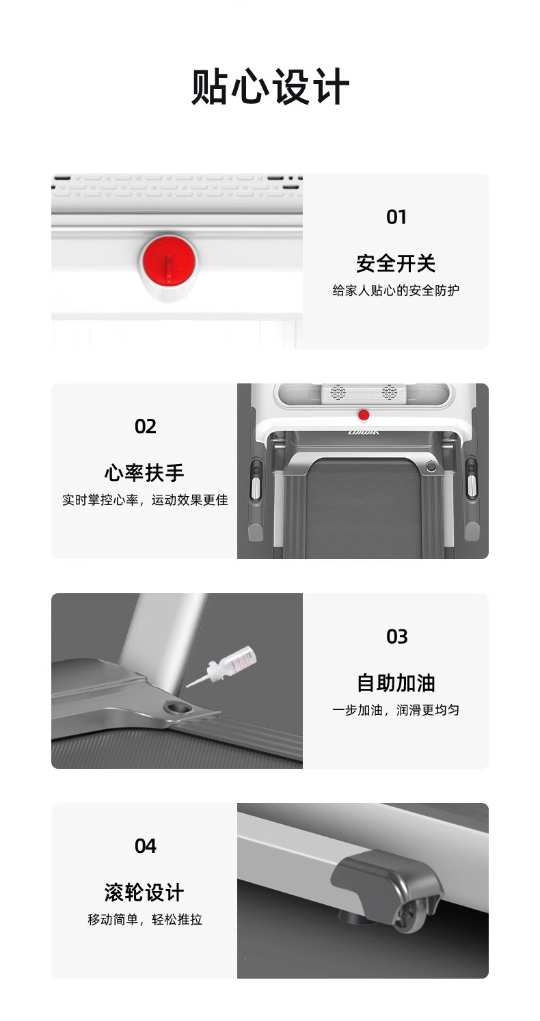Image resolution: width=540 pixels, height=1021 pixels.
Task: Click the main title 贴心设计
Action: tap(270, 87)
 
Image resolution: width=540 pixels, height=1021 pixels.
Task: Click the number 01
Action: tap(396, 217)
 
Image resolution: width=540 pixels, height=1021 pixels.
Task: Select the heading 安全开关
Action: tap(396, 264)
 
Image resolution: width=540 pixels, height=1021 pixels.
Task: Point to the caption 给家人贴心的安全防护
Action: tap(396, 290)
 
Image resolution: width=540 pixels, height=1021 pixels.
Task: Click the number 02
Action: tap(145, 426)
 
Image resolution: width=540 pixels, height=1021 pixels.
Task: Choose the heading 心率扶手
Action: tap(144, 473)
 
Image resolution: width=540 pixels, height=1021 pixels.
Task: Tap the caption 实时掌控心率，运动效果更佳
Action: tap(145, 500)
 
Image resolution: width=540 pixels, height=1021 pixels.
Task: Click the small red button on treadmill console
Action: tap(364, 415)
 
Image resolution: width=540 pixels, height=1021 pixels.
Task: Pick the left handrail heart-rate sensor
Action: tap(256, 481)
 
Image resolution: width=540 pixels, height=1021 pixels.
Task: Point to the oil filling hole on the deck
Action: tap(178, 708)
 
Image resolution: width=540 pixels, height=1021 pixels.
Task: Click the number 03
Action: tap(396, 636)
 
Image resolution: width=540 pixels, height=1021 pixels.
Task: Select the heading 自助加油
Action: tap(396, 683)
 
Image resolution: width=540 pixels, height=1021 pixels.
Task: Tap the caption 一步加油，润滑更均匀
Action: tap(396, 709)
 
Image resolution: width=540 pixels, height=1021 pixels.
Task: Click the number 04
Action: tap(145, 846)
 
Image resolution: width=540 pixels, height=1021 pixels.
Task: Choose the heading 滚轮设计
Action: tap(144, 893)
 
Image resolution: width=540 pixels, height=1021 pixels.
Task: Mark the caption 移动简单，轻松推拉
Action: tap(145, 919)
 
